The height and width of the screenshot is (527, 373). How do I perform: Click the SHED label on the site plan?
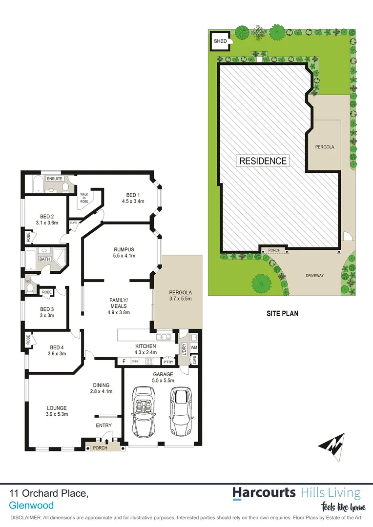coord(220,41)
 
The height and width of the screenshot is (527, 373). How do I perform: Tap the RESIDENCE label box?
coord(263,161)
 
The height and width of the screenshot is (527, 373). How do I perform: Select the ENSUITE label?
coord(55,179)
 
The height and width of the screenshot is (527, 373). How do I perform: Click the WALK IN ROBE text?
coord(85,198)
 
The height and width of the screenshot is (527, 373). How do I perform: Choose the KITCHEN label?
coord(145,346)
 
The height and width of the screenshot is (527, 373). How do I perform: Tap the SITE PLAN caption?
coord(282,314)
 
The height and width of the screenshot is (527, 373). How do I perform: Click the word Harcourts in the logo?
coord(264,493)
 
